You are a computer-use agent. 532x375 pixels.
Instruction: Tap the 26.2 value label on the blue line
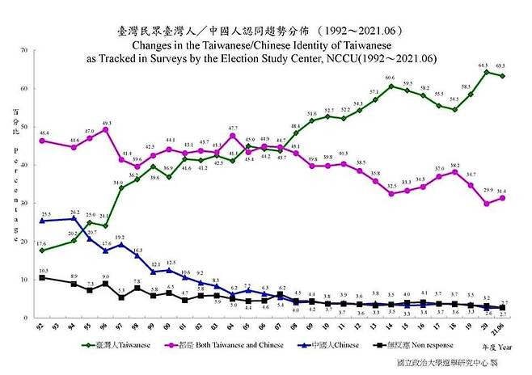[x=74, y=211]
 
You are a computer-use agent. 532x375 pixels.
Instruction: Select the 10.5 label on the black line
[x=43, y=271]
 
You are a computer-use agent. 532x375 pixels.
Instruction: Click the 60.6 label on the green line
[x=390, y=78]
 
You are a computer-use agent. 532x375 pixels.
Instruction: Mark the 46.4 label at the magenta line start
[x=43, y=132]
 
